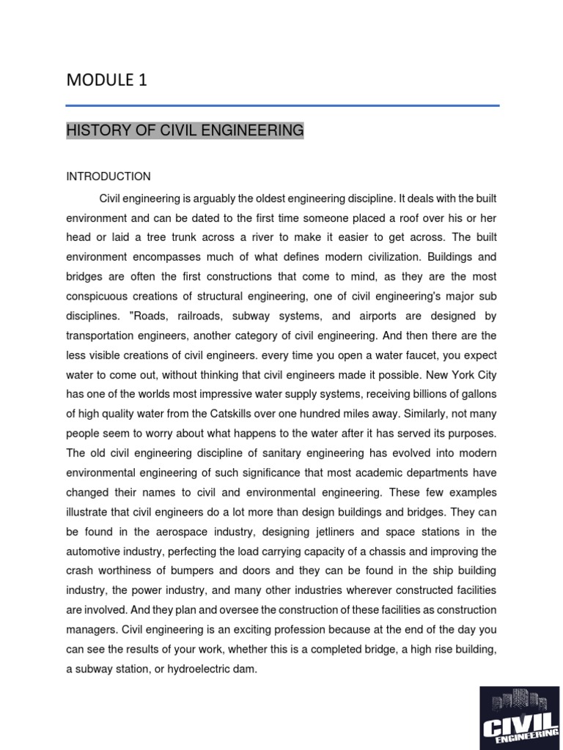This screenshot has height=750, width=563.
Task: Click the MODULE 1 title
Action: pyautogui.click(x=107, y=81)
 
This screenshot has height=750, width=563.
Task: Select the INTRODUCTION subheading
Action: pyautogui.click(x=108, y=177)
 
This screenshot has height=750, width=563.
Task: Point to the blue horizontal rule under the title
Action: pyautogui.click(x=282, y=106)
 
